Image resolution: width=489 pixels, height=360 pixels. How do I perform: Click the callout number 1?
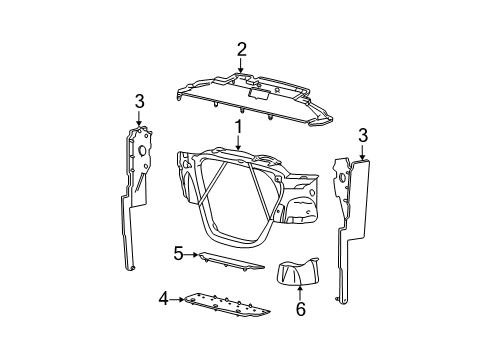[239, 127]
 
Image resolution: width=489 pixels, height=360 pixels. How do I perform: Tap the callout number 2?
[241, 49]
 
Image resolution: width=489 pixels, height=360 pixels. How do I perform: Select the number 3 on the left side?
[139, 100]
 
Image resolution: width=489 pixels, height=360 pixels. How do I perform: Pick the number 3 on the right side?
[362, 135]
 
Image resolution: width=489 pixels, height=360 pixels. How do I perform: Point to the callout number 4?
[162, 297]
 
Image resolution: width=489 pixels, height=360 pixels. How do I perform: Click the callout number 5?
[179, 254]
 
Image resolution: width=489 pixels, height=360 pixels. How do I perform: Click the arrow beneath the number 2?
[241, 66]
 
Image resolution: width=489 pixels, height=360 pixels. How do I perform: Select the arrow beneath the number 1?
[239, 144]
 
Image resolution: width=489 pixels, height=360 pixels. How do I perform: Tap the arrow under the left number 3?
[139, 118]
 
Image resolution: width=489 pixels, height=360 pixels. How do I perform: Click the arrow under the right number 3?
[362, 152]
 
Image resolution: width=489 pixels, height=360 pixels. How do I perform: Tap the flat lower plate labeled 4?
[225, 305]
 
